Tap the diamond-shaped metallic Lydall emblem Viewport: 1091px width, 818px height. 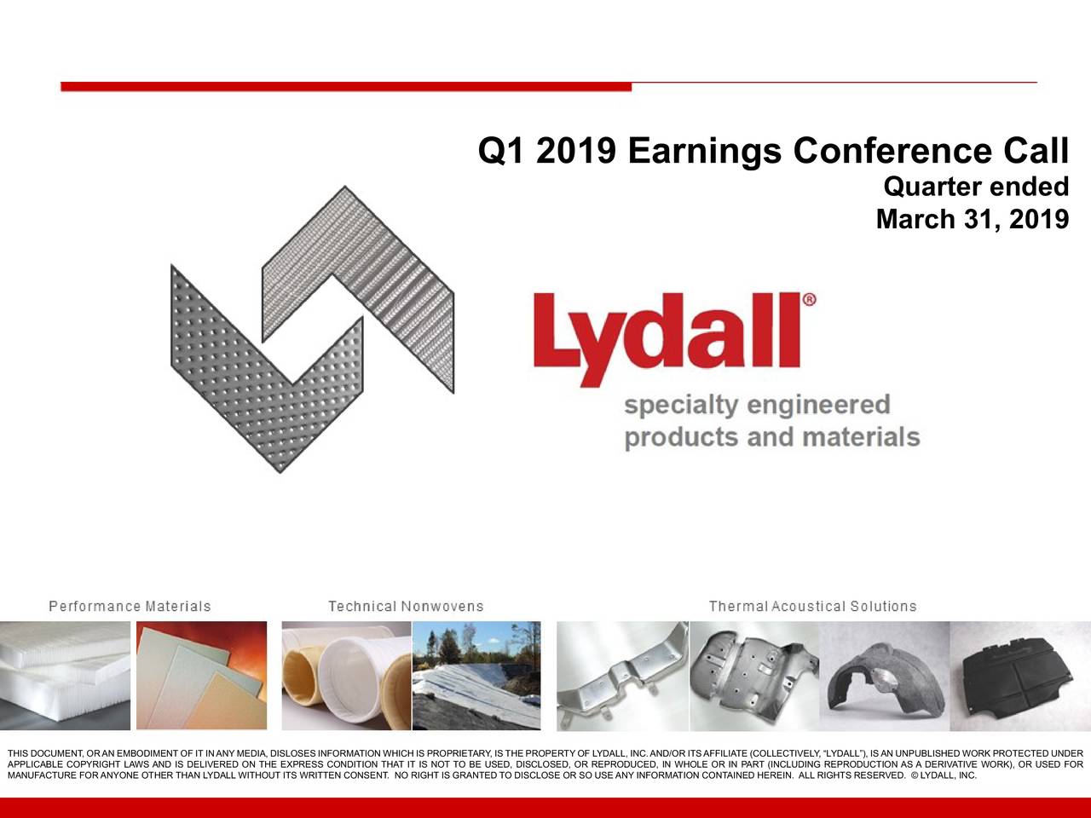tap(312, 328)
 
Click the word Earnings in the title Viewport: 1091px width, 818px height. tap(704, 152)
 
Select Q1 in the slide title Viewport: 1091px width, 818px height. tap(500, 152)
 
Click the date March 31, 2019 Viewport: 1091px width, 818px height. tap(972, 220)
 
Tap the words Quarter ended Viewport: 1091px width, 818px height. tap(976, 186)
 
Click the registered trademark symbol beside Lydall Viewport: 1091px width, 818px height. tap(809, 299)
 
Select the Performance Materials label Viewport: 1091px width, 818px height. tap(130, 607)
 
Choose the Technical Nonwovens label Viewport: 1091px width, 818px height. tap(406, 607)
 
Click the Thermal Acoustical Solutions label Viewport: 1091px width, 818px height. tap(812, 607)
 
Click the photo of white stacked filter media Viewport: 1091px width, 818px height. tap(65, 675)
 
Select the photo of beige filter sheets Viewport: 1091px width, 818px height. tap(201, 675)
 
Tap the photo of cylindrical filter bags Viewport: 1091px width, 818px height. tap(346, 675)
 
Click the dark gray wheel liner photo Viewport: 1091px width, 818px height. tap(884, 675)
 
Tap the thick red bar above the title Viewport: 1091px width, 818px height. tap(345, 86)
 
